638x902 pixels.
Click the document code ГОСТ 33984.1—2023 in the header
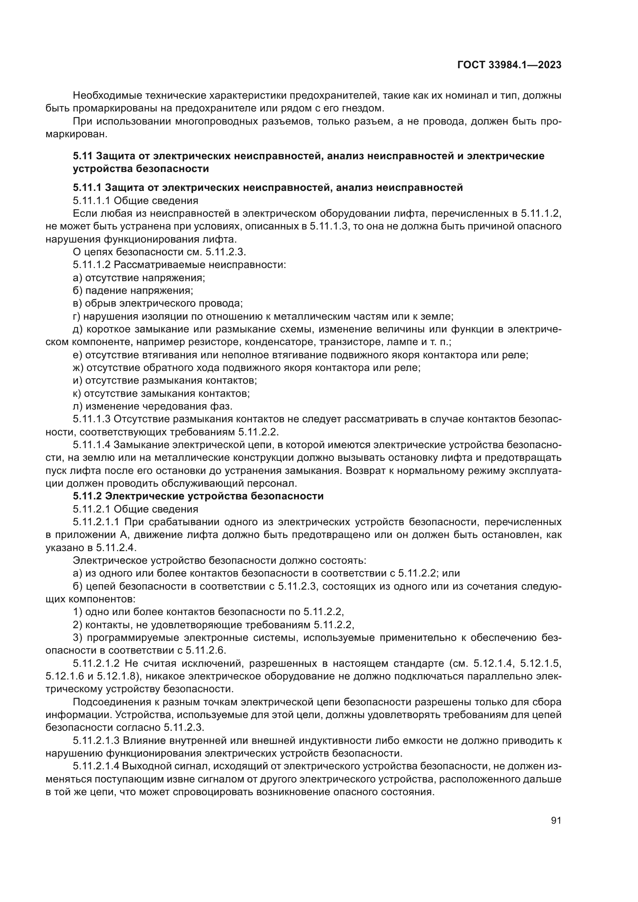[509, 65]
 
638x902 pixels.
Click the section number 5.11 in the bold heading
[83, 156]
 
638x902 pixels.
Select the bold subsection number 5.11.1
[88, 188]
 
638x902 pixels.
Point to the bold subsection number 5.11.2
[88, 496]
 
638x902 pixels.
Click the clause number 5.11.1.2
[92, 265]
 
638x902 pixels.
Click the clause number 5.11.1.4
[92, 445]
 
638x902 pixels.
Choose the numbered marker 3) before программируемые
[78, 637]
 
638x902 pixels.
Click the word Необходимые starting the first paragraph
[107, 96]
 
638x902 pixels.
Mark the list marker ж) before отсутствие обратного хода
[78, 368]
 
